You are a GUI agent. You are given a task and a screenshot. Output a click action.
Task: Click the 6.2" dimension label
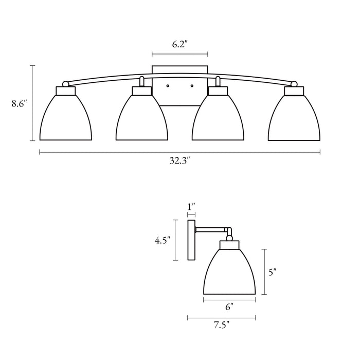[x=179, y=44]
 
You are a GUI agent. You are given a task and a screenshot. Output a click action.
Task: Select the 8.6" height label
[x=20, y=103]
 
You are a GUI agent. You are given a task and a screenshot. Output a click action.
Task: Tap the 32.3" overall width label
[x=180, y=160]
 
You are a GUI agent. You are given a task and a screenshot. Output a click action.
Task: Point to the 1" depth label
[x=191, y=206]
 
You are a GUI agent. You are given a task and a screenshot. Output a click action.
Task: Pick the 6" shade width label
[x=229, y=307]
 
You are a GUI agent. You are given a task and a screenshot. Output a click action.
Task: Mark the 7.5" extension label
[x=222, y=325]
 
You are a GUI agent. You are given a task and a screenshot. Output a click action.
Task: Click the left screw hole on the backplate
[x=168, y=86]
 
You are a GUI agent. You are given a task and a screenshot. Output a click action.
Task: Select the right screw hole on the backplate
[x=192, y=86]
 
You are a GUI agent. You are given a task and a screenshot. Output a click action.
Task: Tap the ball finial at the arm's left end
[x=66, y=84]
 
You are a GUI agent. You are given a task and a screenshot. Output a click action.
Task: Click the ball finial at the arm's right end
[x=294, y=84]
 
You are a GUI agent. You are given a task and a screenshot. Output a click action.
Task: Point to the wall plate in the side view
[x=191, y=240]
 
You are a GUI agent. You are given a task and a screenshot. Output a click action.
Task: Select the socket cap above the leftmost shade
[x=66, y=91]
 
